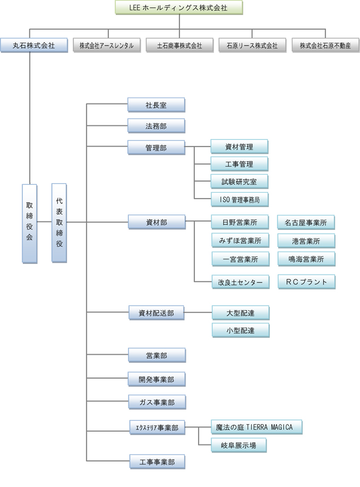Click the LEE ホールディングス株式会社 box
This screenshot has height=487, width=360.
click(179, 7)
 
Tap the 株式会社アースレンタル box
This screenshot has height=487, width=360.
click(107, 45)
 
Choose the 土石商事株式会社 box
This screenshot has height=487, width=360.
click(179, 45)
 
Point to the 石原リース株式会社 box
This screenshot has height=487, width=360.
click(253, 45)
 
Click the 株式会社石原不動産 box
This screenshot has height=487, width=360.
click(325, 45)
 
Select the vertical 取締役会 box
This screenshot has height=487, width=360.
click(30, 223)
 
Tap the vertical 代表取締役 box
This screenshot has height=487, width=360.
click(59, 223)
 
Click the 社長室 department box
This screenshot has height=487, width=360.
click(157, 105)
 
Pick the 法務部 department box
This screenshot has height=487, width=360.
click(157, 126)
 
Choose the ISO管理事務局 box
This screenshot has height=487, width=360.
click(239, 199)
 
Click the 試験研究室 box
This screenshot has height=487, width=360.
click(239, 182)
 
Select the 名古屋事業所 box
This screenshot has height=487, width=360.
click(306, 223)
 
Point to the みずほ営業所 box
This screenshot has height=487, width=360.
click(239, 241)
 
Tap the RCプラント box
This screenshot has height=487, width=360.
click(306, 281)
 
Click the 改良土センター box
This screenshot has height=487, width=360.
click(239, 282)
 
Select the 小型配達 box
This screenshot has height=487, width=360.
click(241, 330)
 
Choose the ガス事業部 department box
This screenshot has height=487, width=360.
click(157, 402)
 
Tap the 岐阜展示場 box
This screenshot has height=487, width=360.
click(238, 445)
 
